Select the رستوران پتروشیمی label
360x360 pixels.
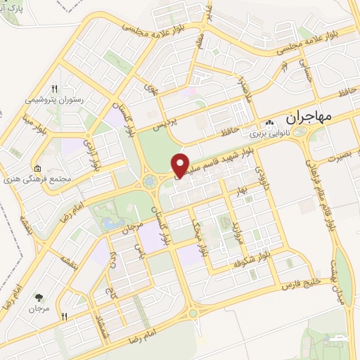(x=54, y=101)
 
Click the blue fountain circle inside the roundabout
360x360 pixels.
(x=149, y=182)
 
